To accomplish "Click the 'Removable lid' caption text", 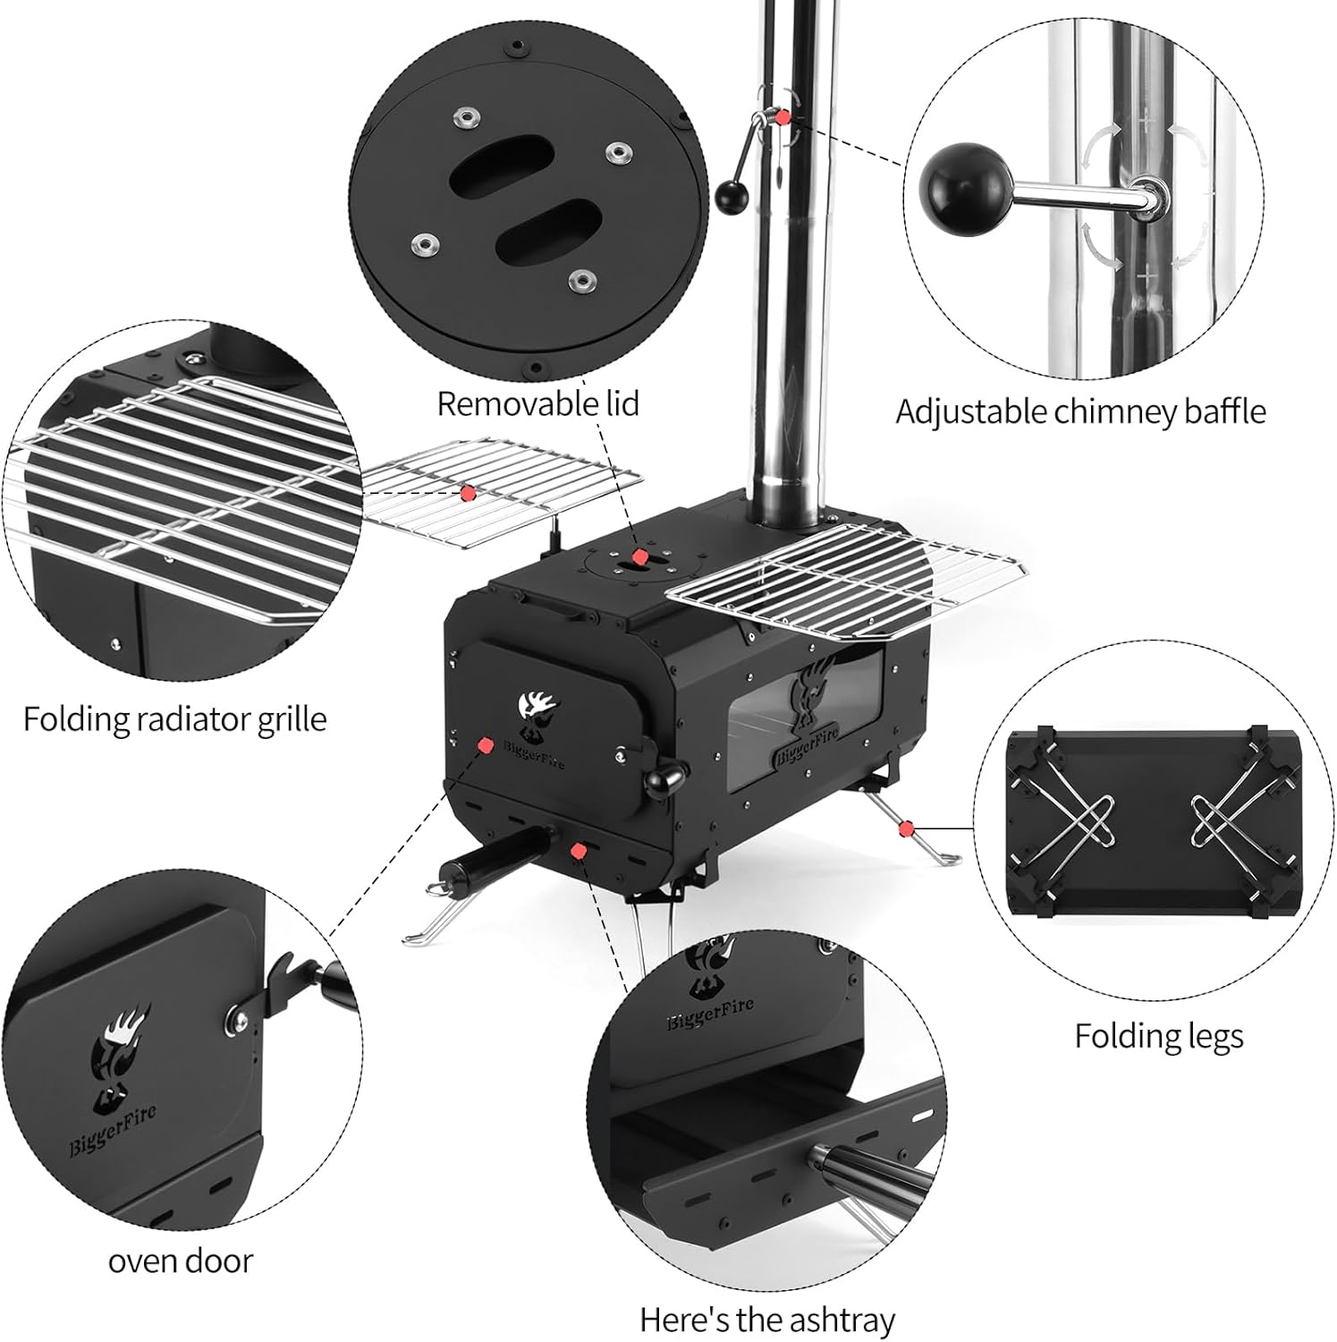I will coord(537,403).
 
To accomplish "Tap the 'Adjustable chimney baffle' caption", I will coord(1080,412).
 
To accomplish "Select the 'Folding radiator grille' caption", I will coord(174,719).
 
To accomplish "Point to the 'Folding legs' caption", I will coord(1158,1036).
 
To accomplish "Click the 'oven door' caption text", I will coord(181,1261).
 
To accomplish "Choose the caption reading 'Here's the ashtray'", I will coord(766,1320).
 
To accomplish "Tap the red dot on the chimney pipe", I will coord(783,117).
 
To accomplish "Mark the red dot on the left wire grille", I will coord(466,492).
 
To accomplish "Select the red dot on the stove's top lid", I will coord(639,558).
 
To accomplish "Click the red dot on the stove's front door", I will coord(486,744).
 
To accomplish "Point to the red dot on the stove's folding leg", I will coord(908,827).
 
